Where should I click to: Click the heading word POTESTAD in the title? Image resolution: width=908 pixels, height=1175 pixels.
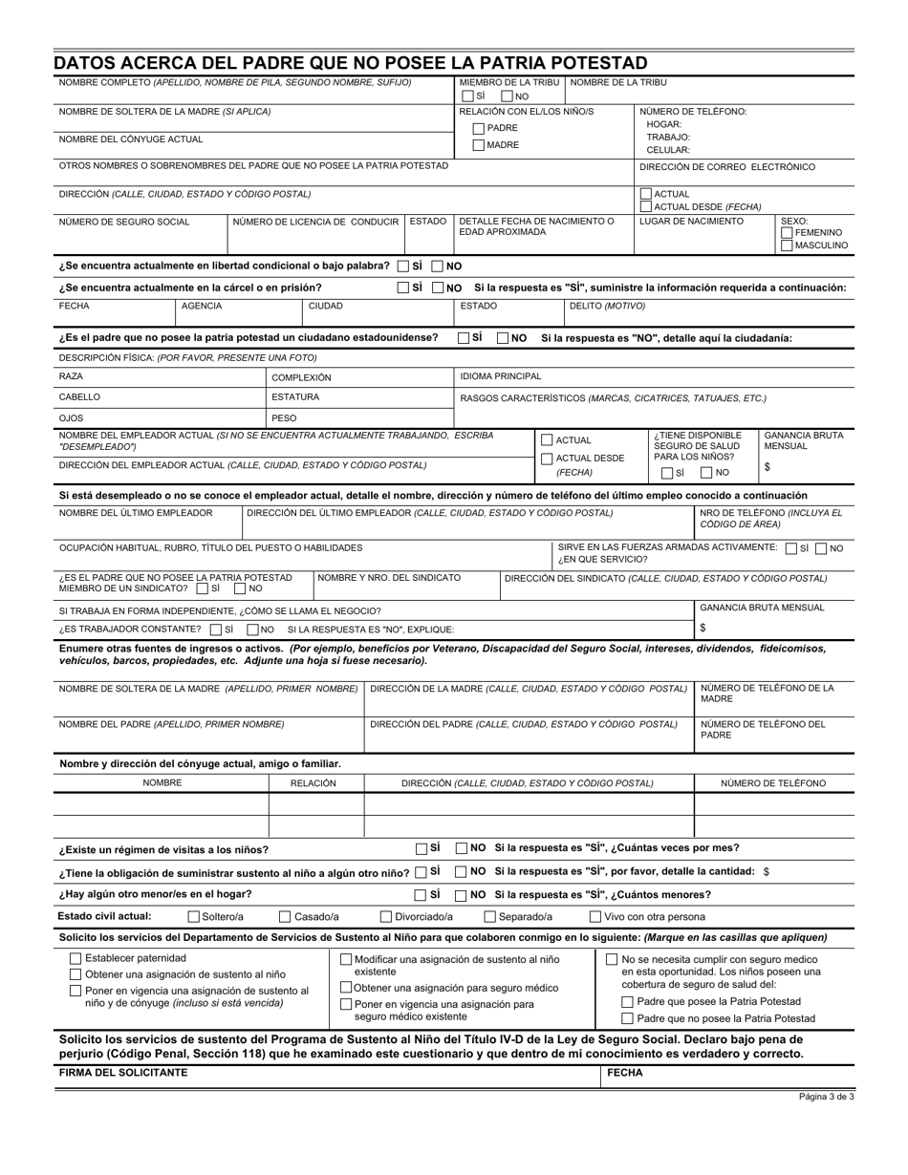click(x=584, y=63)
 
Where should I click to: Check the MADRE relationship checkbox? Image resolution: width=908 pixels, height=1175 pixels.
click(x=479, y=145)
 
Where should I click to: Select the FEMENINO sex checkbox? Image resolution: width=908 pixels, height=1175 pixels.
click(x=788, y=233)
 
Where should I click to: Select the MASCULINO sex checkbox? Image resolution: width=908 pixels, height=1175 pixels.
click(x=788, y=246)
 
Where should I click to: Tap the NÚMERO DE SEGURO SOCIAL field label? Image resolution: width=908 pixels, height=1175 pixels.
click(x=124, y=222)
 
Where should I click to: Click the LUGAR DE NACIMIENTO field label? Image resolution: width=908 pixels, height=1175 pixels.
click(x=691, y=222)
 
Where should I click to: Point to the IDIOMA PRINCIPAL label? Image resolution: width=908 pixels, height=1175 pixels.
click(x=501, y=376)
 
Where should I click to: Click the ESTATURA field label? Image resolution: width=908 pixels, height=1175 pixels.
click(x=295, y=397)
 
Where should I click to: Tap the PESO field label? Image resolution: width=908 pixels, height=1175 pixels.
click(x=284, y=418)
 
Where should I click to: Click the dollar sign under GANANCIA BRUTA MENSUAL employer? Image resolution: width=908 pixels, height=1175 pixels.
click(x=767, y=467)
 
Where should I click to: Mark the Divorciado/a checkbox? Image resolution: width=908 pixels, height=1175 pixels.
click(x=387, y=917)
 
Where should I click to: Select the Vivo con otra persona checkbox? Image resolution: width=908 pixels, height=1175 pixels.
click(x=595, y=917)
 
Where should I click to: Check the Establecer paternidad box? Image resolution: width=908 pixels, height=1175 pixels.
click(x=76, y=958)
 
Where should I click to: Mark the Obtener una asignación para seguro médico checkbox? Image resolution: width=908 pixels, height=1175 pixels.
click(x=346, y=987)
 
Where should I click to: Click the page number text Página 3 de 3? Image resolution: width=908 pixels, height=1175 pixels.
click(x=827, y=1097)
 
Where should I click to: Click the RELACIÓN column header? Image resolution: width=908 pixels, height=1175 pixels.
click(x=313, y=783)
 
